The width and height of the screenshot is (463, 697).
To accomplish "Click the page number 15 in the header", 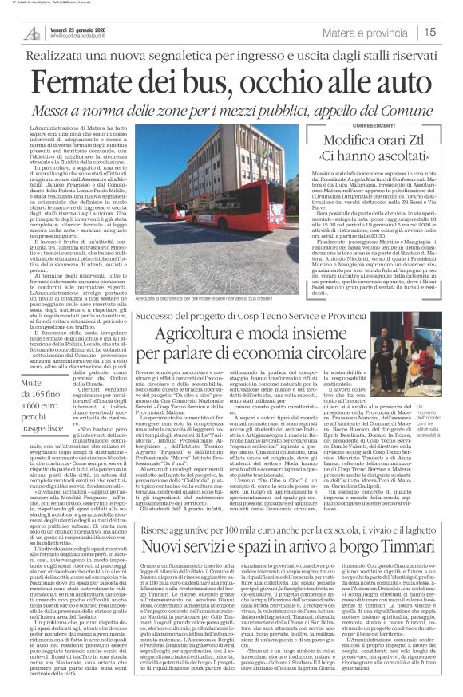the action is pyautogui.click(x=451, y=32).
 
